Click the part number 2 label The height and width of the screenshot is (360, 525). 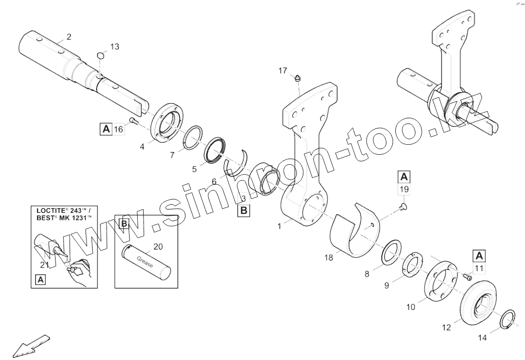[69, 36]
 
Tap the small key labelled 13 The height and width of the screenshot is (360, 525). [100, 55]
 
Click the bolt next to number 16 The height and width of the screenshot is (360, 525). [133, 120]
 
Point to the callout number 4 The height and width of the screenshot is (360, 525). [142, 147]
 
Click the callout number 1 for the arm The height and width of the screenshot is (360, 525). [280, 226]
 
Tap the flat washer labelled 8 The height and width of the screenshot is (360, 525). [391, 251]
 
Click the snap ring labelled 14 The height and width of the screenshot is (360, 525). [508, 319]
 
